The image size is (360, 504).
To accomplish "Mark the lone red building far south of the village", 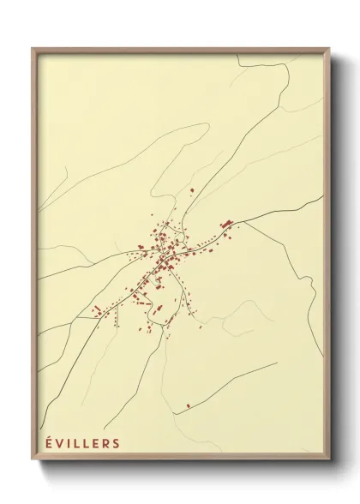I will [x=189, y=405].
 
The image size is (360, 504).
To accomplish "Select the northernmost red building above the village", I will [x=192, y=189].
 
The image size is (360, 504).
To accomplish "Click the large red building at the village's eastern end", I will [x=227, y=224].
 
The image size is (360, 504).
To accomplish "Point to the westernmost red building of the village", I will [x=97, y=308].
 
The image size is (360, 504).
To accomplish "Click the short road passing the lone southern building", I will [x=223, y=386].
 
